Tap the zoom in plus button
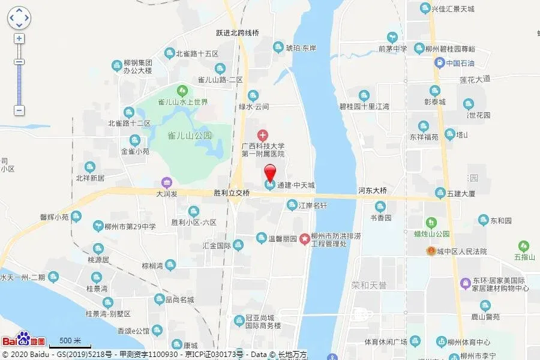[x=19, y=38]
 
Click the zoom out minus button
[x=19, y=110]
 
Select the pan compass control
[x=19, y=18]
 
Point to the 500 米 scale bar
[x=70, y=344]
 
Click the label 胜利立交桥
[x=232, y=193]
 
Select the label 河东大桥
[x=373, y=191]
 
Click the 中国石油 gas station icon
[x=440, y=62]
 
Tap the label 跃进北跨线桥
[x=238, y=34]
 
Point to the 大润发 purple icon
[x=167, y=183]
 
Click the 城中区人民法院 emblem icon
[x=431, y=251]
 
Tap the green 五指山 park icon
[x=524, y=245]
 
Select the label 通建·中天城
[x=296, y=185]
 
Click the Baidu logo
[x=24, y=340]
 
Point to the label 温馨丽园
[x=282, y=239]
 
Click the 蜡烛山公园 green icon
[x=430, y=223]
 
